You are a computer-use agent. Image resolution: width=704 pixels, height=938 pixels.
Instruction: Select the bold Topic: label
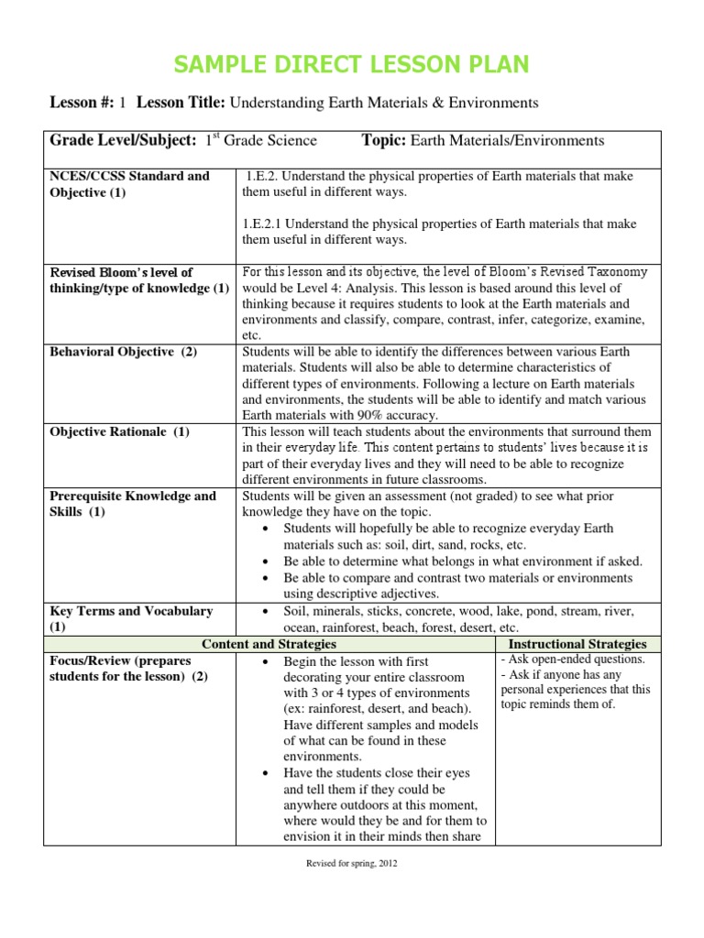pyautogui.click(x=384, y=140)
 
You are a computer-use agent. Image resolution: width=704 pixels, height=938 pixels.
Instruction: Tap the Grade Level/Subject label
pyautogui.click(x=123, y=140)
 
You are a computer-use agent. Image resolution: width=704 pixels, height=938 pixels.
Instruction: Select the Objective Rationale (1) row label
pyautogui.click(x=119, y=431)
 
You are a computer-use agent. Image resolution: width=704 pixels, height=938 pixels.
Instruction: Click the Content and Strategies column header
pyautogui.click(x=269, y=645)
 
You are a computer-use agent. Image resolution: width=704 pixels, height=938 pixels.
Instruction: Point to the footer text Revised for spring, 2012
pyautogui.click(x=352, y=863)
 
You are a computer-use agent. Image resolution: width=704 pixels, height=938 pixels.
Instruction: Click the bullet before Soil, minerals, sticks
pyautogui.click(x=266, y=612)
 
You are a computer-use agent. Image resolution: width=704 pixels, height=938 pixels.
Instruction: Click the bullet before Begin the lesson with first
pyautogui.click(x=266, y=661)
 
